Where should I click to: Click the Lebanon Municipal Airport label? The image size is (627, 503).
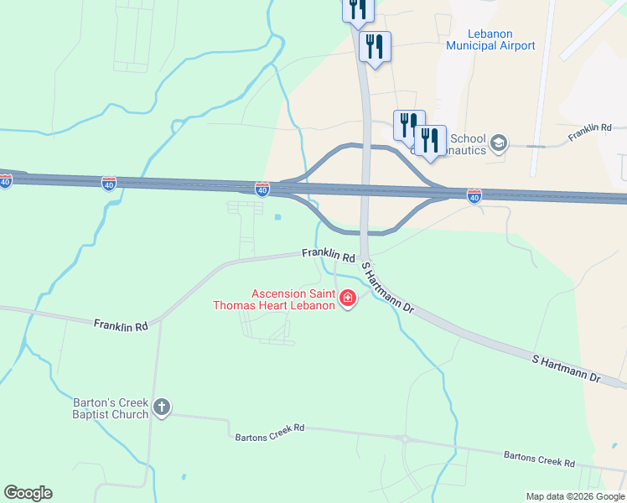pyautogui.click(x=490, y=39)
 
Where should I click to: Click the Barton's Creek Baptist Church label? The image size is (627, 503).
pyautogui.click(x=111, y=408)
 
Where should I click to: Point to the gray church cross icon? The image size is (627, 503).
pyautogui.click(x=162, y=408)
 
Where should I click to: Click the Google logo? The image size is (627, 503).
pyautogui.click(x=28, y=493)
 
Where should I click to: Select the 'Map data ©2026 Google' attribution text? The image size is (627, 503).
pyautogui.click(x=574, y=496)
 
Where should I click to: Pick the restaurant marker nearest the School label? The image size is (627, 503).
pyautogui.click(x=430, y=141)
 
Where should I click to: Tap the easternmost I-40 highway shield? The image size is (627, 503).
pyautogui.click(x=474, y=195)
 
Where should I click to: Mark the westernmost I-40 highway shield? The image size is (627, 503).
pyautogui.click(x=6, y=181)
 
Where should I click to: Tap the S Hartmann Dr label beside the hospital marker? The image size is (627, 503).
pyautogui.click(x=387, y=288)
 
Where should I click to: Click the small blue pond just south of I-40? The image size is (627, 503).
pyautogui.click(x=277, y=218)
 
